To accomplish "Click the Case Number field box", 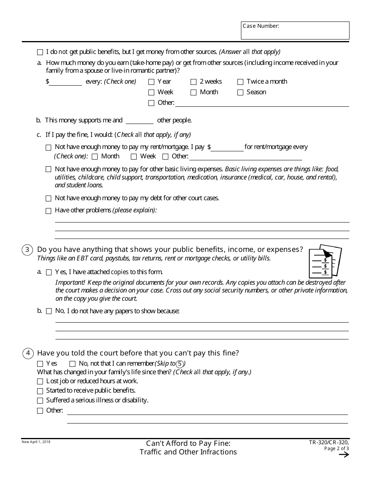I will tap(295, 31).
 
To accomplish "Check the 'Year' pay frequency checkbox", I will tap(151, 82).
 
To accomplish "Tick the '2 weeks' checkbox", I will tap(193, 82).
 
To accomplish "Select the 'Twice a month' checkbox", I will tap(240, 82).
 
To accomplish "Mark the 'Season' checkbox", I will tap(240, 93).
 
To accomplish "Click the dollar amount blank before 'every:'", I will tap(66, 82).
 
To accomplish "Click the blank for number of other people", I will tap(139, 120).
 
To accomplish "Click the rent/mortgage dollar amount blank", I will tap(227, 147).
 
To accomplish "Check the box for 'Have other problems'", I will tap(48, 211).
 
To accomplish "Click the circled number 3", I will tap(27, 250).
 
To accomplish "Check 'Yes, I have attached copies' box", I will tap(49, 272).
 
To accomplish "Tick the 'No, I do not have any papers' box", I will tap(49, 311).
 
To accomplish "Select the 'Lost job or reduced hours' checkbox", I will tap(40, 381).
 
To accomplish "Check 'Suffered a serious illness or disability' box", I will tap(40, 401).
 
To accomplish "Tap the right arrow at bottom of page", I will tap(344, 454).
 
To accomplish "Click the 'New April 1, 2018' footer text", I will tap(36, 442).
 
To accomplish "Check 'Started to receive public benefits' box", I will tap(40, 391).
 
